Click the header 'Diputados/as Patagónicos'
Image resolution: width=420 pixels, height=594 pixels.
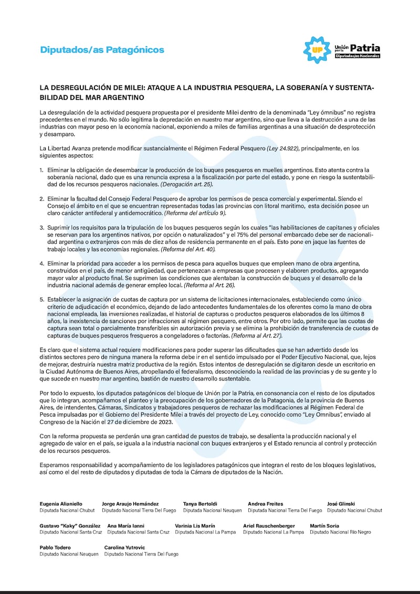pos(102,50)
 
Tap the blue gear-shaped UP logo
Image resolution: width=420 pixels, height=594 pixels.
pos(317,50)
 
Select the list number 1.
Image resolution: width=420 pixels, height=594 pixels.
pos(41,170)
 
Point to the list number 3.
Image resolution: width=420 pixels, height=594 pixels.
pos(41,227)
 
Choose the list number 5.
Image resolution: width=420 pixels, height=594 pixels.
pos(41,299)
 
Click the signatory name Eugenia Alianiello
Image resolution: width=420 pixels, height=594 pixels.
pos(61,504)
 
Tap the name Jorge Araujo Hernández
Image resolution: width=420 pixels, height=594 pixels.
pos(130,504)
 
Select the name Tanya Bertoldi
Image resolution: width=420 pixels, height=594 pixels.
pos(201,504)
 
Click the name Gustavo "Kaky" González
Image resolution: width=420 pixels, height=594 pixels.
pos(70,526)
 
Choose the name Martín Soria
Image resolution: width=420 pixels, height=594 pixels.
pos(324,526)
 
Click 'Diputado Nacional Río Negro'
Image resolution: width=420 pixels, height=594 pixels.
pos(340,532)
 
